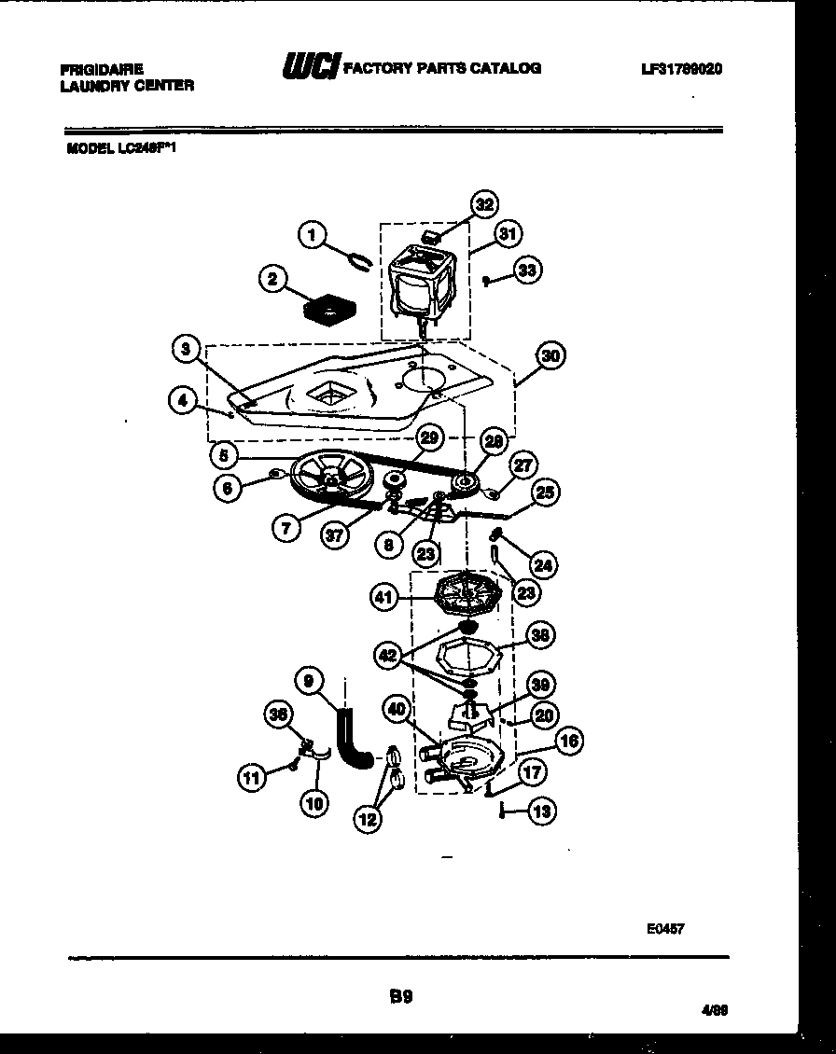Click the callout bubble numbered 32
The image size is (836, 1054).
click(x=482, y=204)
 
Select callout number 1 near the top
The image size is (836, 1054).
click(x=313, y=234)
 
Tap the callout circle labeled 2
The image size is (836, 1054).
click(x=272, y=279)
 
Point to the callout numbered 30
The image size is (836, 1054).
click(x=551, y=355)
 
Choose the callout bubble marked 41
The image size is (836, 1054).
click(x=384, y=597)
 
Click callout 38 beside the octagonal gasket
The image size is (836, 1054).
click(x=539, y=635)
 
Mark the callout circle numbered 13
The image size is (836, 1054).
click(x=541, y=811)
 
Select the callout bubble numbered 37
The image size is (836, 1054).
click(x=333, y=534)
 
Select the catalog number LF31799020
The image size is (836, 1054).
click(x=682, y=69)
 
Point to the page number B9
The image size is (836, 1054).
click(x=400, y=995)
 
